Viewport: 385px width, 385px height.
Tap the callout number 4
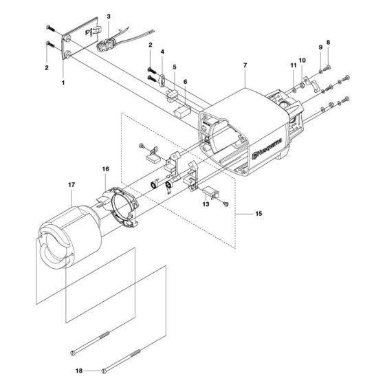coord(162,52)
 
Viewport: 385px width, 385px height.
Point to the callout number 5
coord(175,68)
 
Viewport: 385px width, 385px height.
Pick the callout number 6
coord(185,81)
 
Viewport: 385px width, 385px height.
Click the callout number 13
coord(205,204)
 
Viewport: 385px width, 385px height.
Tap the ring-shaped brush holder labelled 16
coord(122,206)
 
